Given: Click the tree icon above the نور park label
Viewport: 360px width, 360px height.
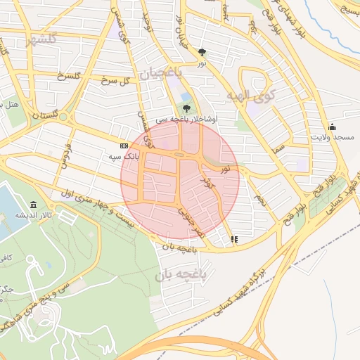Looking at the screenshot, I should pos(202,51).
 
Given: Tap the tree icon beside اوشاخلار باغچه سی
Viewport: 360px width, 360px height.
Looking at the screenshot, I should pos(186,108).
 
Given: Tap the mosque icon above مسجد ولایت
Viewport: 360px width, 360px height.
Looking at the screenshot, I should pos(331,127).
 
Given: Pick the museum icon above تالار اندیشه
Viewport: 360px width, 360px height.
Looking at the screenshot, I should pos(33,205).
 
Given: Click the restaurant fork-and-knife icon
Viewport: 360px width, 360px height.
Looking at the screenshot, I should pos(234,239).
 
